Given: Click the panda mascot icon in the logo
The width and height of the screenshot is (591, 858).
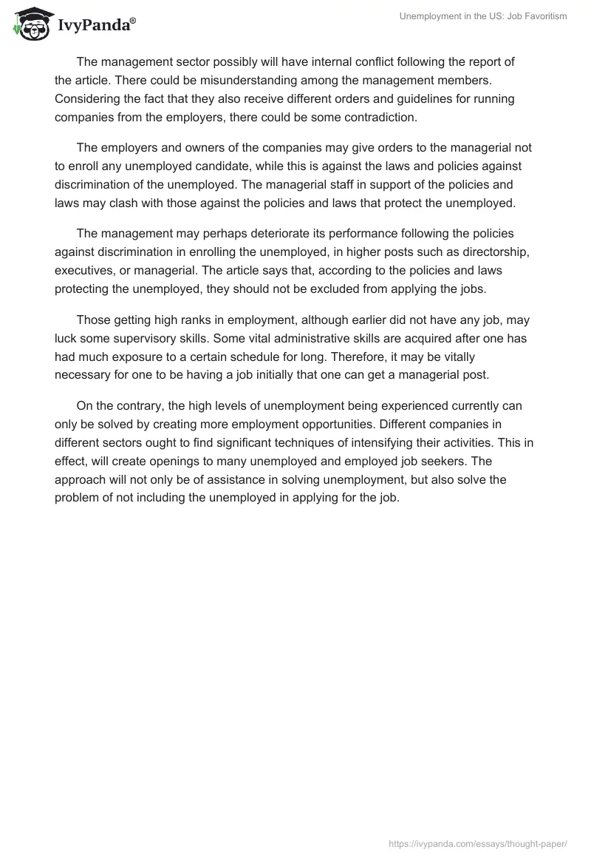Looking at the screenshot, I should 29,25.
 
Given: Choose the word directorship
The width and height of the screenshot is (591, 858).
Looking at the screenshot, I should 492,251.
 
